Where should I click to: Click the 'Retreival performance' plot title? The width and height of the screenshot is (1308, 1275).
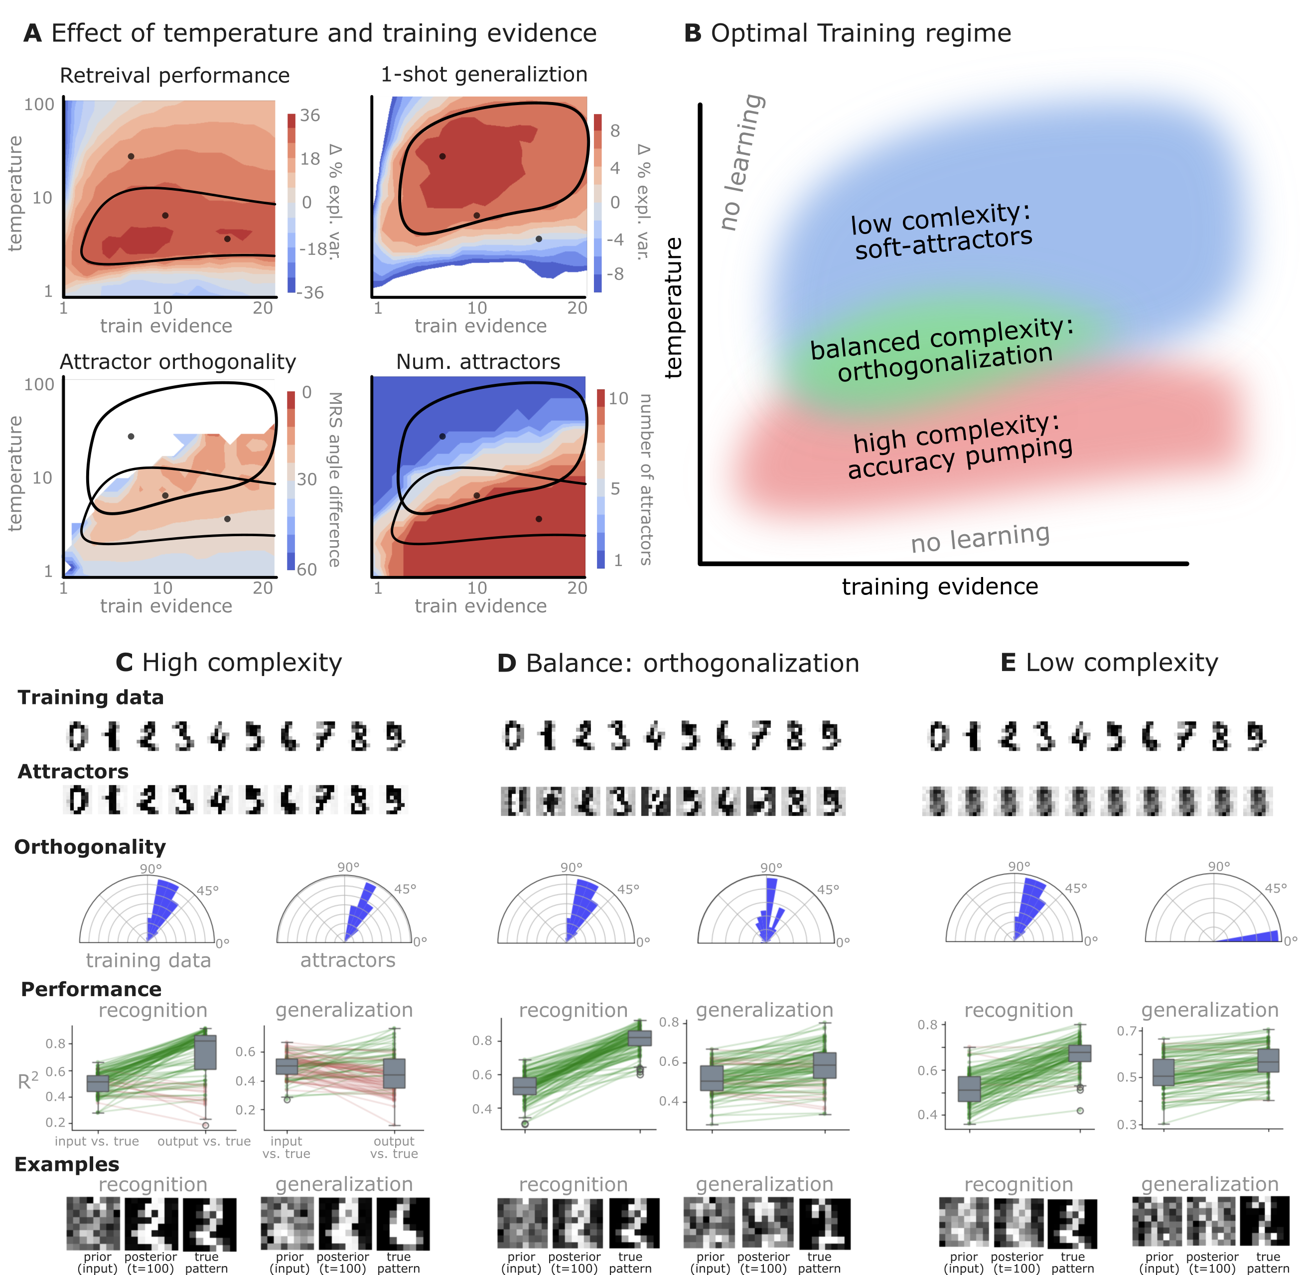pyautogui.click(x=174, y=76)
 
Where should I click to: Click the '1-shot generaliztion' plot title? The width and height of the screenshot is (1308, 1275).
pyautogui.click(x=484, y=74)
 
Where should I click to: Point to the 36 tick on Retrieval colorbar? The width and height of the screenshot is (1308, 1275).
pyautogui.click(x=309, y=115)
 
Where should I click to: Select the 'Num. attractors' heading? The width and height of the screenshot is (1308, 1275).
pyautogui.click(x=478, y=361)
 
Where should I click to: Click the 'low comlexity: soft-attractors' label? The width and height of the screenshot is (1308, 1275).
pyautogui.click(x=941, y=231)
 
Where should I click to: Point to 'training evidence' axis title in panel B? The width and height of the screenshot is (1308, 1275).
pyautogui.click(x=939, y=586)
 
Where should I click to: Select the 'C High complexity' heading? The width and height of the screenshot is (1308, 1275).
pyautogui.click(x=229, y=663)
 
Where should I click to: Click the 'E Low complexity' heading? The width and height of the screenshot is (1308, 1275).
pyautogui.click(x=1109, y=663)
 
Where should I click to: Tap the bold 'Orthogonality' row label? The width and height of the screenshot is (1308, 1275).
pyautogui.click(x=90, y=847)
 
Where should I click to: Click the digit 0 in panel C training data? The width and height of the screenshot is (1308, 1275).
pyautogui.click(x=78, y=737)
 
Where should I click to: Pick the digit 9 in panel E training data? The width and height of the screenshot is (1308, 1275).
pyautogui.click(x=1256, y=737)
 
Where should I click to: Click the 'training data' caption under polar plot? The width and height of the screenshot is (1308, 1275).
pyautogui.click(x=148, y=960)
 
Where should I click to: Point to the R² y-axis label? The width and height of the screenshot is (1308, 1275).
pyautogui.click(x=27, y=1081)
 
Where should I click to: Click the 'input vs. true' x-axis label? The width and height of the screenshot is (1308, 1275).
pyautogui.click(x=97, y=1141)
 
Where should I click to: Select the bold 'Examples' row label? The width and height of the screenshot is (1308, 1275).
pyautogui.click(x=67, y=1164)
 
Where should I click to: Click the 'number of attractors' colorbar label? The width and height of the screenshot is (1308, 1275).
pyautogui.click(x=645, y=479)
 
